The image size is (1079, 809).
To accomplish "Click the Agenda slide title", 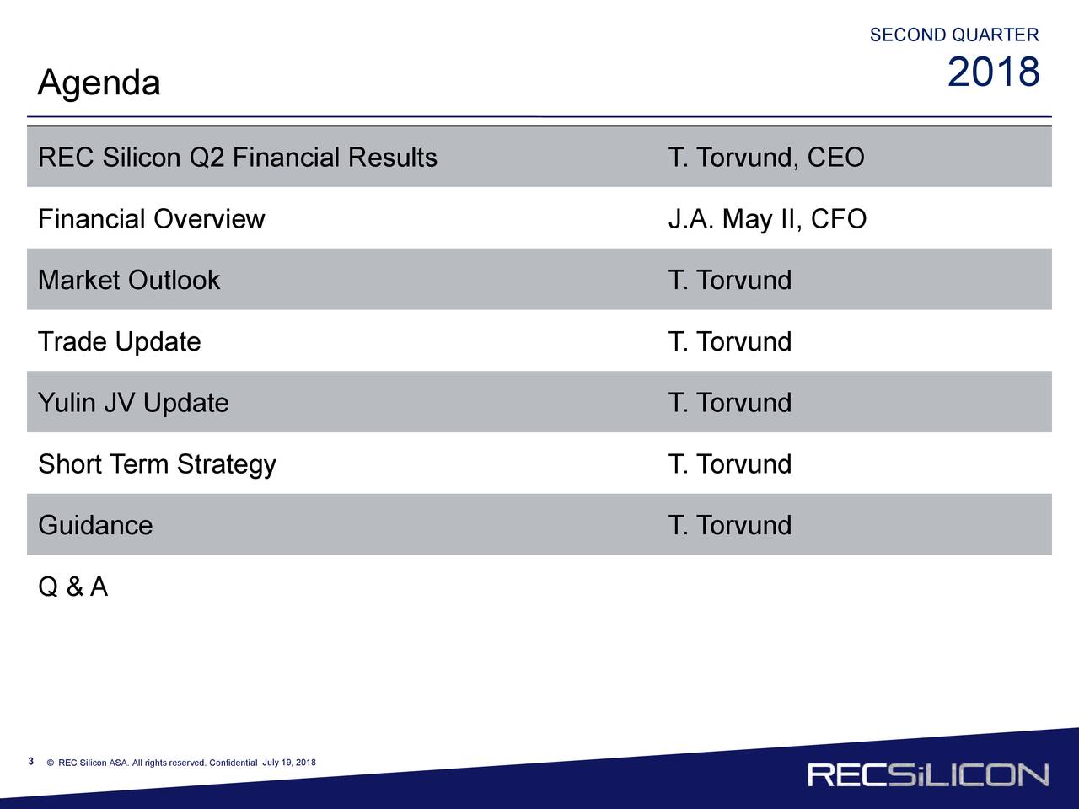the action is coord(99,83).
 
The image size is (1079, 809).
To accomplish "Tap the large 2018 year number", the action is coord(994,72).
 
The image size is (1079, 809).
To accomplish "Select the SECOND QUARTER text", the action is coord(954,35).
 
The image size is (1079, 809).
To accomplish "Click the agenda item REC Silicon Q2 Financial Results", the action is coord(238,158).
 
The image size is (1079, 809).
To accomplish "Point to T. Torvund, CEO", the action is coord(766,158).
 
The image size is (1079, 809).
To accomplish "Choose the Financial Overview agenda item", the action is coord(152,218).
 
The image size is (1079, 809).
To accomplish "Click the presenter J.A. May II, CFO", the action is coord(767,219).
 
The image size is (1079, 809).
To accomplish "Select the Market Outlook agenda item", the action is coord(129,280).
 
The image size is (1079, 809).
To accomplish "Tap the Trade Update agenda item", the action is coord(120,342).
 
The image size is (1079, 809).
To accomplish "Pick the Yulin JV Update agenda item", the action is coord(134,403).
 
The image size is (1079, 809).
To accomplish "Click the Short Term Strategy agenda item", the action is coord(158,464).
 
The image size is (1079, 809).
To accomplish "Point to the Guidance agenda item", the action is coord(95,525).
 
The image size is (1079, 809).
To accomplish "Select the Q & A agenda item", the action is coord(72,587).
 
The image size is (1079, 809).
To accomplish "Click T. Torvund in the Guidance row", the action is coord(730,525).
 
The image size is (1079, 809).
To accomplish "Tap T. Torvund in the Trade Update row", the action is coord(730,341).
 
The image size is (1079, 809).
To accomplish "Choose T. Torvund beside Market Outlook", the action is coord(730,280).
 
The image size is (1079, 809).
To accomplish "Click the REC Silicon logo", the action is coord(928,774).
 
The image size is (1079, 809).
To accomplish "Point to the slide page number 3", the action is coord(31,761).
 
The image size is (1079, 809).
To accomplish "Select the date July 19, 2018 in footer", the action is coord(289,763).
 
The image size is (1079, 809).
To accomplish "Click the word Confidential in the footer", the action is coord(233,763).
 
